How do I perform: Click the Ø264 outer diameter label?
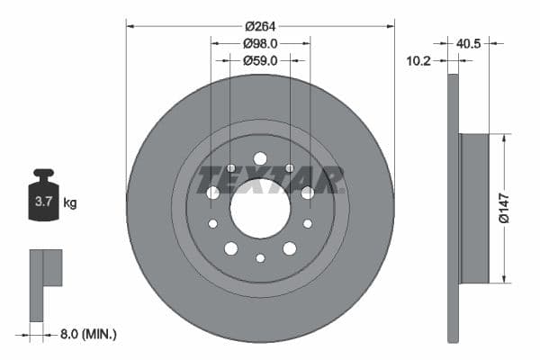[x=260, y=16]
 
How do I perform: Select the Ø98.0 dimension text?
[x=260, y=42]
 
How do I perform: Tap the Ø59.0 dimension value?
[x=260, y=60]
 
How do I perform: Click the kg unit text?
[x=70, y=202]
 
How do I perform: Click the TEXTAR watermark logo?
[x=270, y=179]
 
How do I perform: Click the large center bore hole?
[x=260, y=208]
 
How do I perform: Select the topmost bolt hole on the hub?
[x=260, y=158]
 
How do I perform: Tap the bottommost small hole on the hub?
[x=260, y=258]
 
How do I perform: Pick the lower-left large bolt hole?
[x=231, y=248]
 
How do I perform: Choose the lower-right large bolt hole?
[x=290, y=248]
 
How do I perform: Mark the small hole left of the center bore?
[x=212, y=223]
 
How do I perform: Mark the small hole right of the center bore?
[x=308, y=223]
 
